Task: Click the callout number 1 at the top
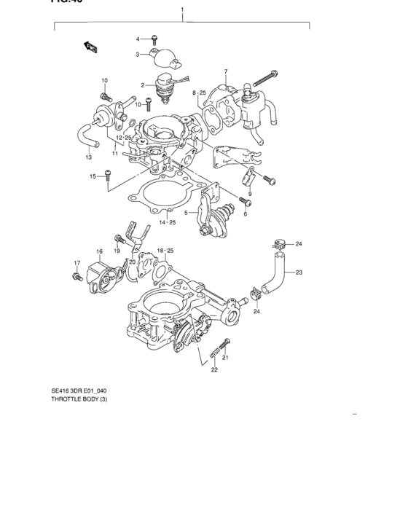click(182, 12)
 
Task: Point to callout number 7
click(226, 71)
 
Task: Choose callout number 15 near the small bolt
click(93, 176)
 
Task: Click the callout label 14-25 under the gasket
click(168, 221)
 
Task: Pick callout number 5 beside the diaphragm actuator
click(185, 213)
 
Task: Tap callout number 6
click(246, 213)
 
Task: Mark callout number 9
click(249, 194)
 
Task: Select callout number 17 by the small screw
click(76, 262)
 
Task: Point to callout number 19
click(116, 251)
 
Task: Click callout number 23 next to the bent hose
click(299, 272)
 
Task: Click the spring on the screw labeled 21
click(216, 354)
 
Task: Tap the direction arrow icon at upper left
click(91, 48)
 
